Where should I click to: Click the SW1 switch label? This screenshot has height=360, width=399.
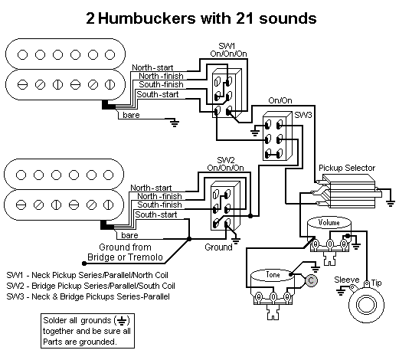(x=227, y=46)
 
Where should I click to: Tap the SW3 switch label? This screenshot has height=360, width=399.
(x=303, y=115)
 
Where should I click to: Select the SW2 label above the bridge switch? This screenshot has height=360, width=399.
(x=226, y=160)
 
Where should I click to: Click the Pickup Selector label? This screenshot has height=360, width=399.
(x=347, y=168)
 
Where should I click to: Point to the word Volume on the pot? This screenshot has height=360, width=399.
(x=329, y=222)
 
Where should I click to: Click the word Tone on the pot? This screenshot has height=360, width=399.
(x=273, y=274)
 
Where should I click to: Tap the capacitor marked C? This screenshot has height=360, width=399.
(x=311, y=280)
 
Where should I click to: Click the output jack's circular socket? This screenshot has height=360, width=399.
(x=366, y=305)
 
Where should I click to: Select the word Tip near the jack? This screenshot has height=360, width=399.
(x=376, y=283)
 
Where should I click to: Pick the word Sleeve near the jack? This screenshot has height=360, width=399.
(x=346, y=280)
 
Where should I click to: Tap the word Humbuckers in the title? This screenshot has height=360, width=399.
(x=147, y=18)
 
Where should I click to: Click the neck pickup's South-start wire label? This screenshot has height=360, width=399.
(x=158, y=94)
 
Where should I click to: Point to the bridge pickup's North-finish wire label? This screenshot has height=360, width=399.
(x=159, y=196)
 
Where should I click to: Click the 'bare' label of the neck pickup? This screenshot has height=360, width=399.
(x=131, y=115)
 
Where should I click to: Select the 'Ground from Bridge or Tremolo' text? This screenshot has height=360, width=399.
(x=125, y=252)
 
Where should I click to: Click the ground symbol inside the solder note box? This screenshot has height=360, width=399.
(x=123, y=320)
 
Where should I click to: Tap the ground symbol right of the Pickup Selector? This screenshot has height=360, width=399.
(x=391, y=204)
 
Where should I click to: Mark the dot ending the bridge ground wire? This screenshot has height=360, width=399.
(x=84, y=263)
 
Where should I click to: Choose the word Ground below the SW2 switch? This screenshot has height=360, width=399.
(x=218, y=247)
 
